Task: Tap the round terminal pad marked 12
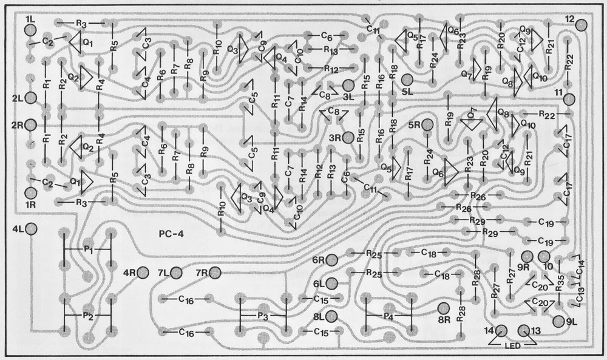(582, 25)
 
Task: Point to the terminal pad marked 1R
(30, 193)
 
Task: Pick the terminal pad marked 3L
(348, 85)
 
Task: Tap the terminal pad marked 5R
(427, 125)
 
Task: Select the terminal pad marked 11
(569, 99)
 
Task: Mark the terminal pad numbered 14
(501, 331)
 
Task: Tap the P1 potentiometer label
(89, 249)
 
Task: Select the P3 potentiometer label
(262, 316)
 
